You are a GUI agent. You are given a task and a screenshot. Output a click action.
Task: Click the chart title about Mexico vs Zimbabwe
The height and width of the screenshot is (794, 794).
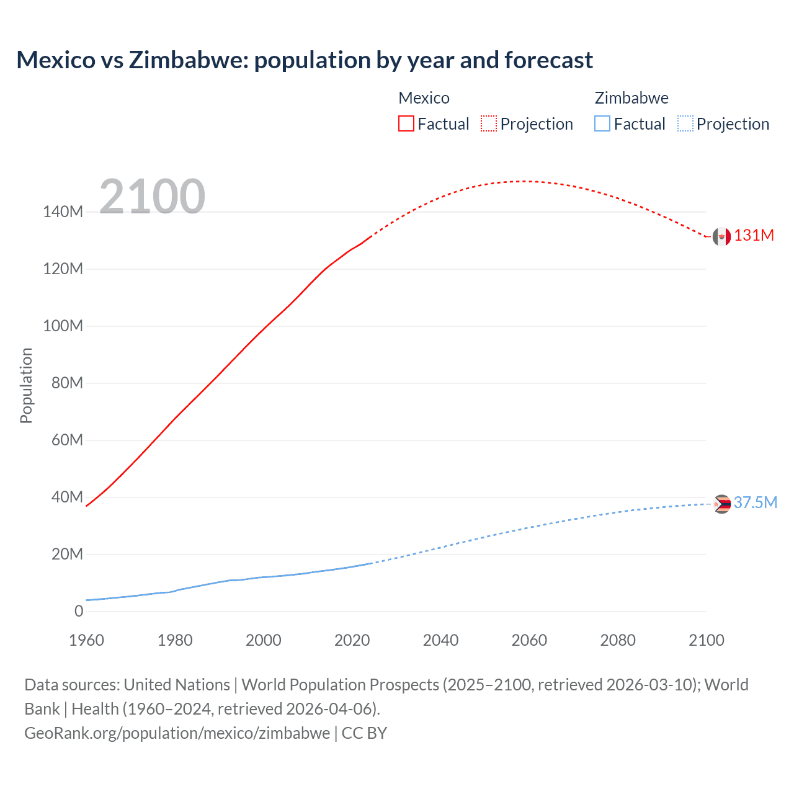305,60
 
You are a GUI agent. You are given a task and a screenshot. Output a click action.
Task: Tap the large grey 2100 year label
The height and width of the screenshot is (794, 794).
153,197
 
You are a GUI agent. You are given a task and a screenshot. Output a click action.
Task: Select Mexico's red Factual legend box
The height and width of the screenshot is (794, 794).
406,123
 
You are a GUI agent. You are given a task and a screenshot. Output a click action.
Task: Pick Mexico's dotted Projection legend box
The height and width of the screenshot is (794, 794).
489,123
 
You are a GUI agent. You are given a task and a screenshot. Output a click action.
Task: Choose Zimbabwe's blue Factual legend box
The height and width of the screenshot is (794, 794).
602,123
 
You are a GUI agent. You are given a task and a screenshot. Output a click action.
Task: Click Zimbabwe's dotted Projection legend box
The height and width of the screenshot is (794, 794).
685,123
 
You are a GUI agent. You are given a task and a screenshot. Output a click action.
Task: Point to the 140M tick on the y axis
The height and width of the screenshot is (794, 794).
63,212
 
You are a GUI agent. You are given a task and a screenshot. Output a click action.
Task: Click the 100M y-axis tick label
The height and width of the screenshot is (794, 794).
63,326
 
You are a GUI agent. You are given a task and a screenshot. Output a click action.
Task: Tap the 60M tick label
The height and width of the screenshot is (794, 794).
67,440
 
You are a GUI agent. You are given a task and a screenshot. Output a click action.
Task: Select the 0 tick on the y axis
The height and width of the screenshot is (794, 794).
79,612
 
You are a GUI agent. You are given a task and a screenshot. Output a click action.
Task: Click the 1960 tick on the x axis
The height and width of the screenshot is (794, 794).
86,640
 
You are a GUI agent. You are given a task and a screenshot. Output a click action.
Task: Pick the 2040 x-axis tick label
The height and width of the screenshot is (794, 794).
440,640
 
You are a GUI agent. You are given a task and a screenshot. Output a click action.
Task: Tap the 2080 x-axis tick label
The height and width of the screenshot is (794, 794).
618,640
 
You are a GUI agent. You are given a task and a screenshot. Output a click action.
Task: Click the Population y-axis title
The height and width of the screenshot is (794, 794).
26,386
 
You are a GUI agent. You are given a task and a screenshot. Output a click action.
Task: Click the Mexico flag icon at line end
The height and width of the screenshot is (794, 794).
721,236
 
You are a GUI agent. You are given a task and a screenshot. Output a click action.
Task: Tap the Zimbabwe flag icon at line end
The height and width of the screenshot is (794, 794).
721,504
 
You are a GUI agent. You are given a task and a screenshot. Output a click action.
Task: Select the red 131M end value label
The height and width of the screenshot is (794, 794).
754,236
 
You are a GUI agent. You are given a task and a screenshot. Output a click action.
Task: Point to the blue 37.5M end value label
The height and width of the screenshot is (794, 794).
756,502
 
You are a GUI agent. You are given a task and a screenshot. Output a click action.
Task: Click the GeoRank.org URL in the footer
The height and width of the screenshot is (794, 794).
177,733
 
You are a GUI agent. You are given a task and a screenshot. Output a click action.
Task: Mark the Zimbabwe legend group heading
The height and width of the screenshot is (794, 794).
631,98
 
